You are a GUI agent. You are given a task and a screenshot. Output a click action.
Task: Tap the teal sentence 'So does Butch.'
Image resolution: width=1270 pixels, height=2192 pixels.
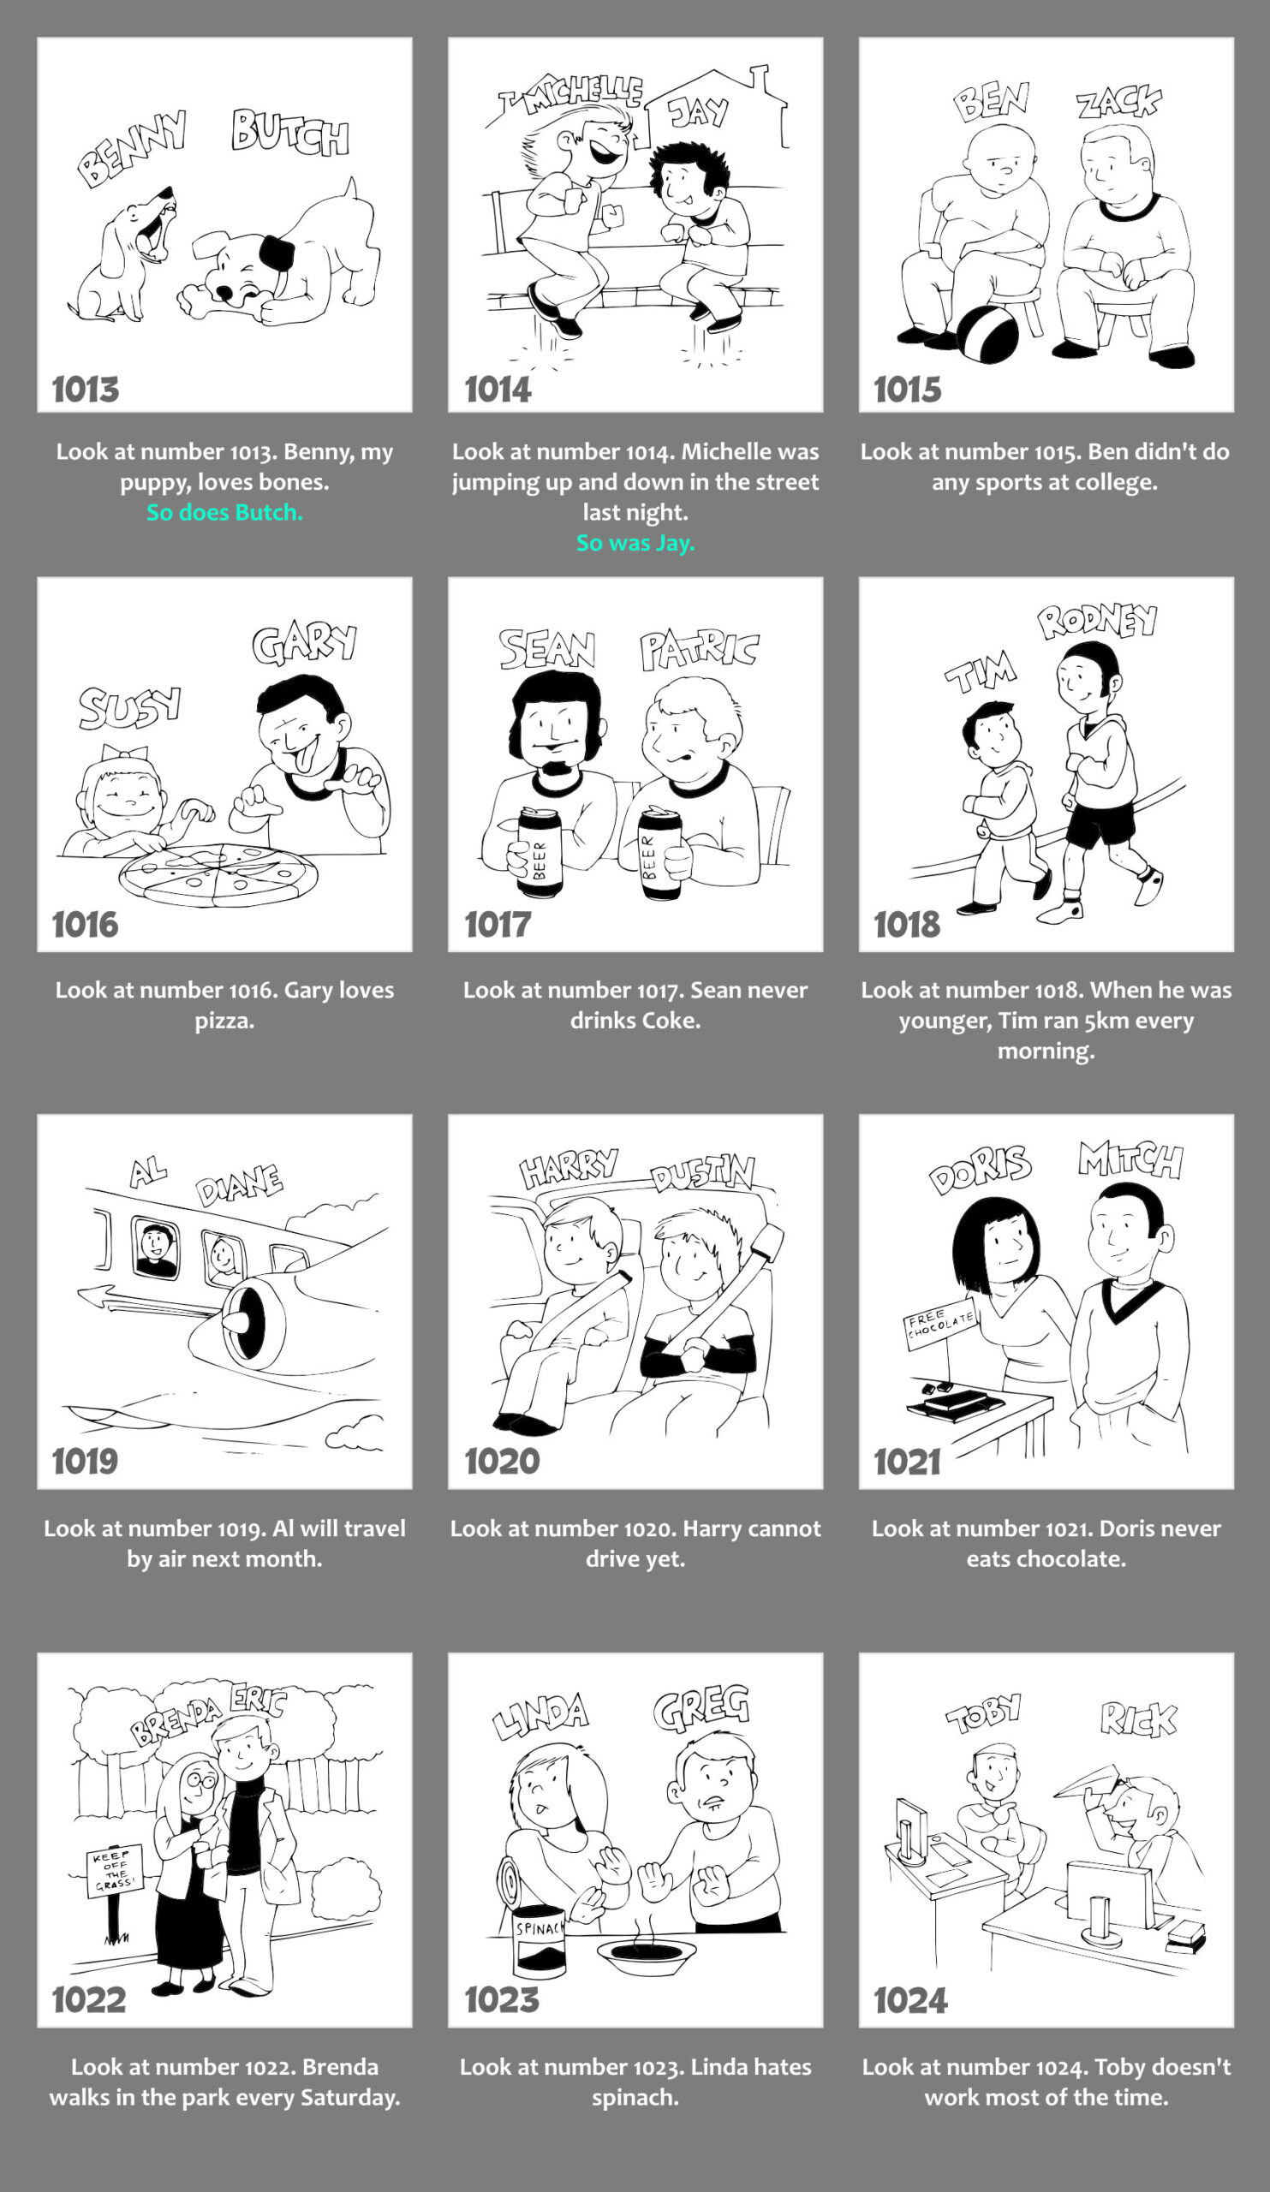point(224,512)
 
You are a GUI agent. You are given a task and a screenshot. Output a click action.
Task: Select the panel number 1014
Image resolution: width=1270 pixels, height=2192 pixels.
point(498,390)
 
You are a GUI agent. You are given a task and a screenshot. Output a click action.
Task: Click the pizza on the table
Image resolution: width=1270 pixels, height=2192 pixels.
point(218,874)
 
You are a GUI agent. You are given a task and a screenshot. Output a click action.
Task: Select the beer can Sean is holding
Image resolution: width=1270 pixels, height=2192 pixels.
point(540,853)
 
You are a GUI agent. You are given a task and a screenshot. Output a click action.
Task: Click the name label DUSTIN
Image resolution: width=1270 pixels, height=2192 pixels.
point(704,1173)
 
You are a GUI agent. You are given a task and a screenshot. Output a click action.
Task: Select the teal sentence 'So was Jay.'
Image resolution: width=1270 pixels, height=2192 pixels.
point(635,543)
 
